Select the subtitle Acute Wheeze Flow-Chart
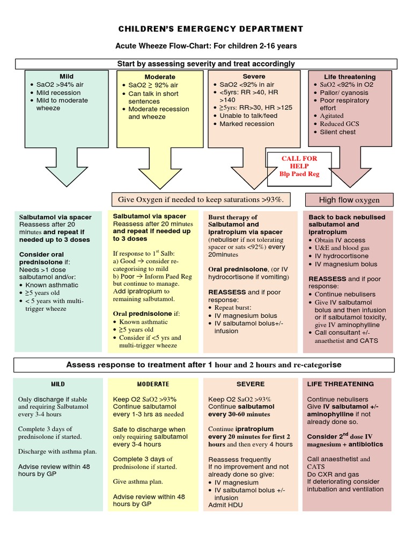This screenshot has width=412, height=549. coord(207,46)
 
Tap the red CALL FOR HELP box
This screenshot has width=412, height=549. coord(299,166)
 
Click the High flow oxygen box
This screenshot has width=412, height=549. coord(349,200)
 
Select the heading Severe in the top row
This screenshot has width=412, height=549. coord(253,77)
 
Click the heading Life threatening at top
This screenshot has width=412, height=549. coord(350,77)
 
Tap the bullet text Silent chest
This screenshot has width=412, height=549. coord(337,132)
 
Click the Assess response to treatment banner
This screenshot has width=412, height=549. coord(203,365)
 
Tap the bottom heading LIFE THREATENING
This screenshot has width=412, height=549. coord(340,384)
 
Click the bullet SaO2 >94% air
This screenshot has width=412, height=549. coord(60,85)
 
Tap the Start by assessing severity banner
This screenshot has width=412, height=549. coord(206,64)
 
